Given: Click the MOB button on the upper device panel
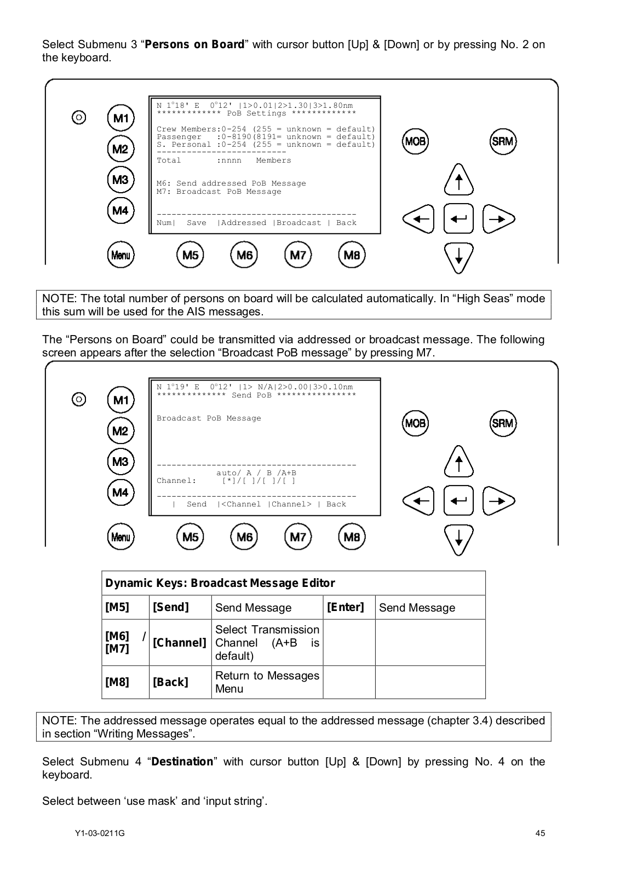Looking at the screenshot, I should [415, 142].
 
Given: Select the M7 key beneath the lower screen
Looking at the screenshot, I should [298, 537].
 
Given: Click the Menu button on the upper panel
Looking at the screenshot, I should [120, 255].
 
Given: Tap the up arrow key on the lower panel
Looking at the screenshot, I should [459, 462].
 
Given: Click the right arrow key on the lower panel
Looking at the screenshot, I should [498, 501].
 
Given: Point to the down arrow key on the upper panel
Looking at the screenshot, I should [459, 258].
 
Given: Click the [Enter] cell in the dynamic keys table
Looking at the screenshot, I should [346, 607].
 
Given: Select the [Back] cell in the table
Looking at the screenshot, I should [170, 682].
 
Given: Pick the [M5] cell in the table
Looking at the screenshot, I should [117, 607].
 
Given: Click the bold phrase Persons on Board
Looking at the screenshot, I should [194, 44].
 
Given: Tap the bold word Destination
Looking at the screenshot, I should [182, 762].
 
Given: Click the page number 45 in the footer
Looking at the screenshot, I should [540, 833].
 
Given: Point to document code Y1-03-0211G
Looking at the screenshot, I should [100, 833].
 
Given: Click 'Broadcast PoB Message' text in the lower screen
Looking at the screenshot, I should [209, 418].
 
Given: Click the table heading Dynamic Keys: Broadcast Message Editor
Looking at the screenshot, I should [220, 583].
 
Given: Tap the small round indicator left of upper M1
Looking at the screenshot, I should [79, 118].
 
